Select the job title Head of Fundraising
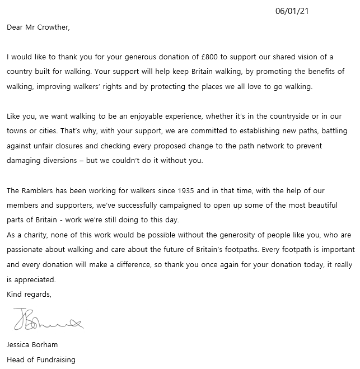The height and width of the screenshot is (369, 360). click(x=41, y=359)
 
